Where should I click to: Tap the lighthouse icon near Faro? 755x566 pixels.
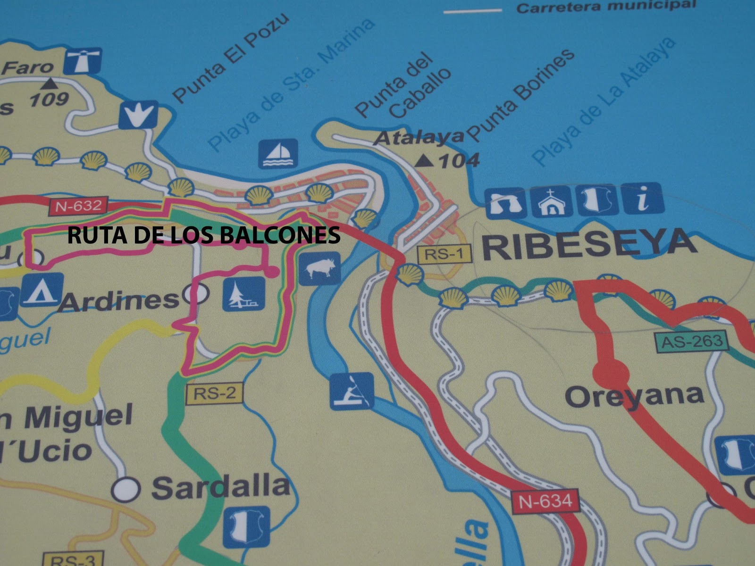point(83,61)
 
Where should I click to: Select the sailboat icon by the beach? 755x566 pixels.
point(278,154)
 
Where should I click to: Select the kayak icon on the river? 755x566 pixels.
point(352,391)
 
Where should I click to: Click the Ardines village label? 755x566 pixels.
point(118,300)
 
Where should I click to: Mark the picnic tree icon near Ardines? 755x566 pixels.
point(243,294)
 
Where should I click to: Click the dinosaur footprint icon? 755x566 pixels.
point(138,115)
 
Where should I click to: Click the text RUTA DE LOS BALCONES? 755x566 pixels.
point(203,234)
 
